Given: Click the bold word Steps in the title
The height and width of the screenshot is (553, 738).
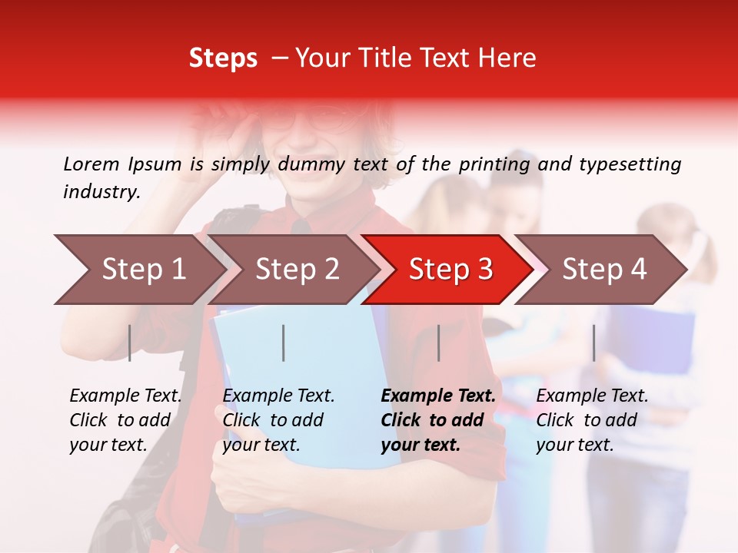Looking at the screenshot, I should (223, 58).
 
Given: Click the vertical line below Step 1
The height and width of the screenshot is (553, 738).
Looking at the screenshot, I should (130, 343).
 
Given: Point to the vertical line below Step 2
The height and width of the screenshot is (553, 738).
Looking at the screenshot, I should (284, 343).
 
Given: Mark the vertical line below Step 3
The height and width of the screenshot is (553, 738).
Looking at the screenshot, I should (439, 343).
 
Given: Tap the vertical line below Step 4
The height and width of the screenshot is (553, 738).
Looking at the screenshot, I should (594, 343).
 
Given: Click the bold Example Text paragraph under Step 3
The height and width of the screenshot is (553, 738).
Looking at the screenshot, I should (438, 420).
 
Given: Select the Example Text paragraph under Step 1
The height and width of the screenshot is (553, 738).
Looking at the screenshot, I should (125, 420).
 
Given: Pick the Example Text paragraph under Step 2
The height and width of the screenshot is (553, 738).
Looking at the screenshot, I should (278, 420).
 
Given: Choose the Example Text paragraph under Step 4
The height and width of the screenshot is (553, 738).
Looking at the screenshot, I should (592, 420).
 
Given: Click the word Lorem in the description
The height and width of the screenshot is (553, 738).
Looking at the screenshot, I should (91, 164).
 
